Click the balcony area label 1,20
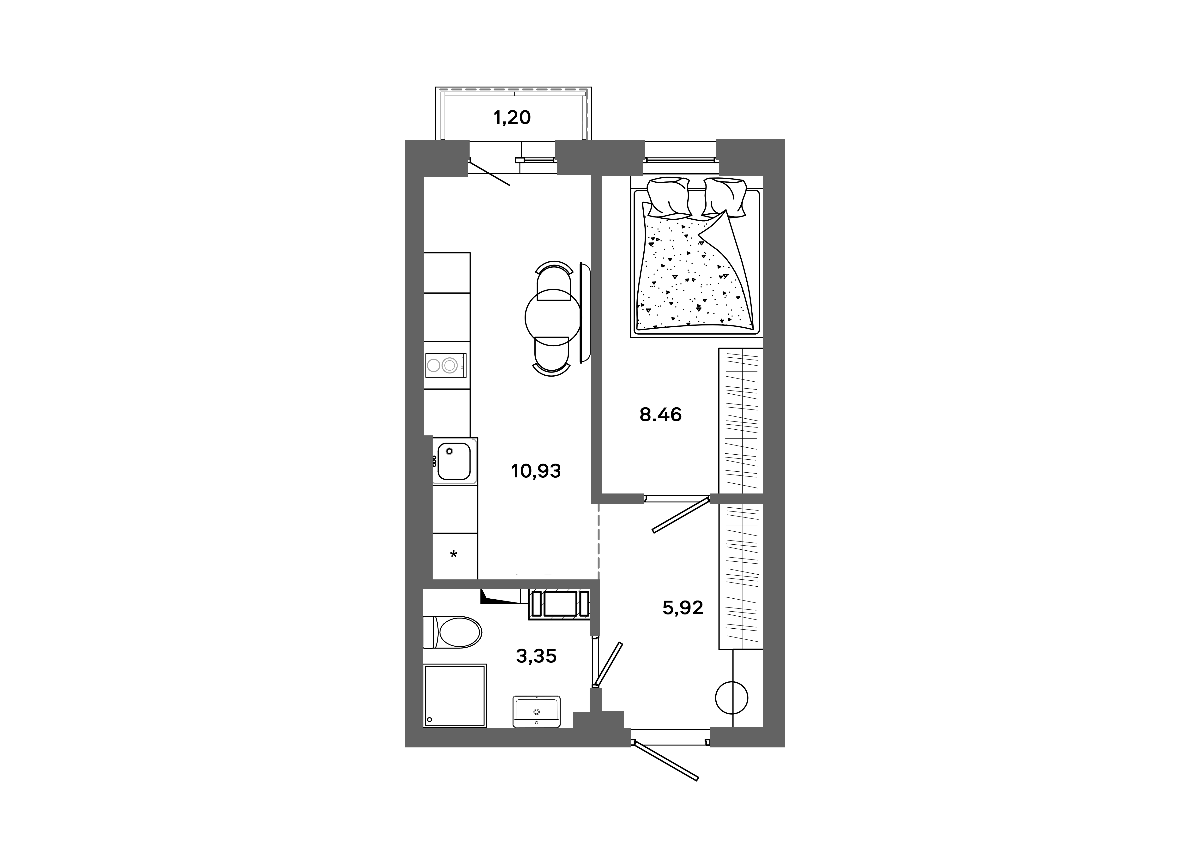point(512,118)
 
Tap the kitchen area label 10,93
point(536,471)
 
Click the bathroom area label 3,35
point(536,656)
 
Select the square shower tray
point(455,696)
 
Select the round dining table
point(553,317)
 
